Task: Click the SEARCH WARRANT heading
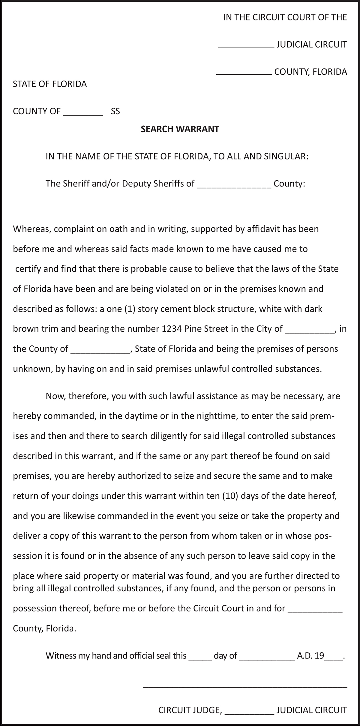(180, 129)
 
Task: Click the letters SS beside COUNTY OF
(115, 112)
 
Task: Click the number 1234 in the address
(172, 329)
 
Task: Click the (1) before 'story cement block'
(131, 309)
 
